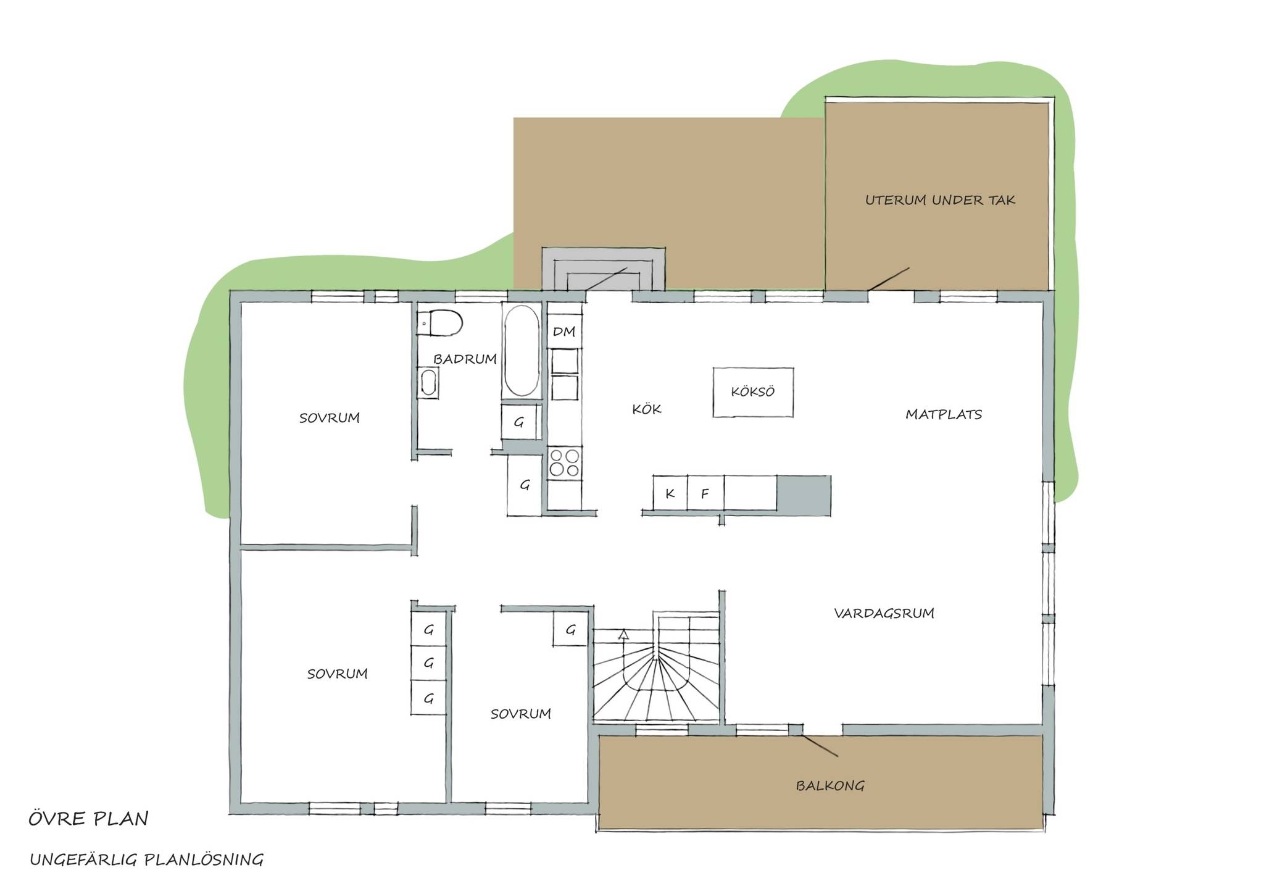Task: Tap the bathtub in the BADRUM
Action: pos(522,350)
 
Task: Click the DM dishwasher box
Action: pos(564,332)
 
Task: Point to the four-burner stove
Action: pos(564,462)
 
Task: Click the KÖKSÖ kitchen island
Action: pos(753,392)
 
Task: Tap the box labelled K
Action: pos(670,493)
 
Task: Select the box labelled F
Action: pos(705,493)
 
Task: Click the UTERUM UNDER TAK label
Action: pos(940,200)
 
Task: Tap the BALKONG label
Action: pos(830,785)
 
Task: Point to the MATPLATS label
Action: pos(944,414)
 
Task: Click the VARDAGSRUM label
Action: pos(884,613)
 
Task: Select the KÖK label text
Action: pos(647,409)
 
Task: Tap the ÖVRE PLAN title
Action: pos(89,819)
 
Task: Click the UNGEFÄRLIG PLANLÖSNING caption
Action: pos(147,859)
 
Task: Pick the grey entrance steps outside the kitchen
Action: pos(603,269)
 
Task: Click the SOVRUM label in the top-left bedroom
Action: pos(330,418)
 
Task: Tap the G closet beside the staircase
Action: pos(570,630)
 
